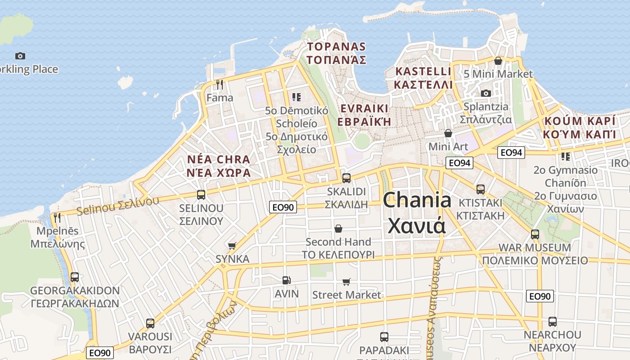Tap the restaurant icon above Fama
[220, 84]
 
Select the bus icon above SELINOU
[201, 195]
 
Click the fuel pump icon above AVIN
[286, 280]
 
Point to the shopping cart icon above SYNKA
[232, 246]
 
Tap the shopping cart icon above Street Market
[346, 282]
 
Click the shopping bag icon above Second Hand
[338, 229]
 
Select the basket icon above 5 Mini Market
[498, 61]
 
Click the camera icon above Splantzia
[486, 93]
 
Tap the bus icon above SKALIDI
[346, 178]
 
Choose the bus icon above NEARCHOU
[553, 322]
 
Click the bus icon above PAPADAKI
[384, 337]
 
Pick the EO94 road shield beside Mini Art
[459, 163]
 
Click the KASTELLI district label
[423, 78]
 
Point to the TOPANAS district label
[336, 53]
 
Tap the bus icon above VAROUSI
[150, 324]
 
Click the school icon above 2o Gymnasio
[566, 157]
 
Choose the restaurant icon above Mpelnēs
[57, 218]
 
